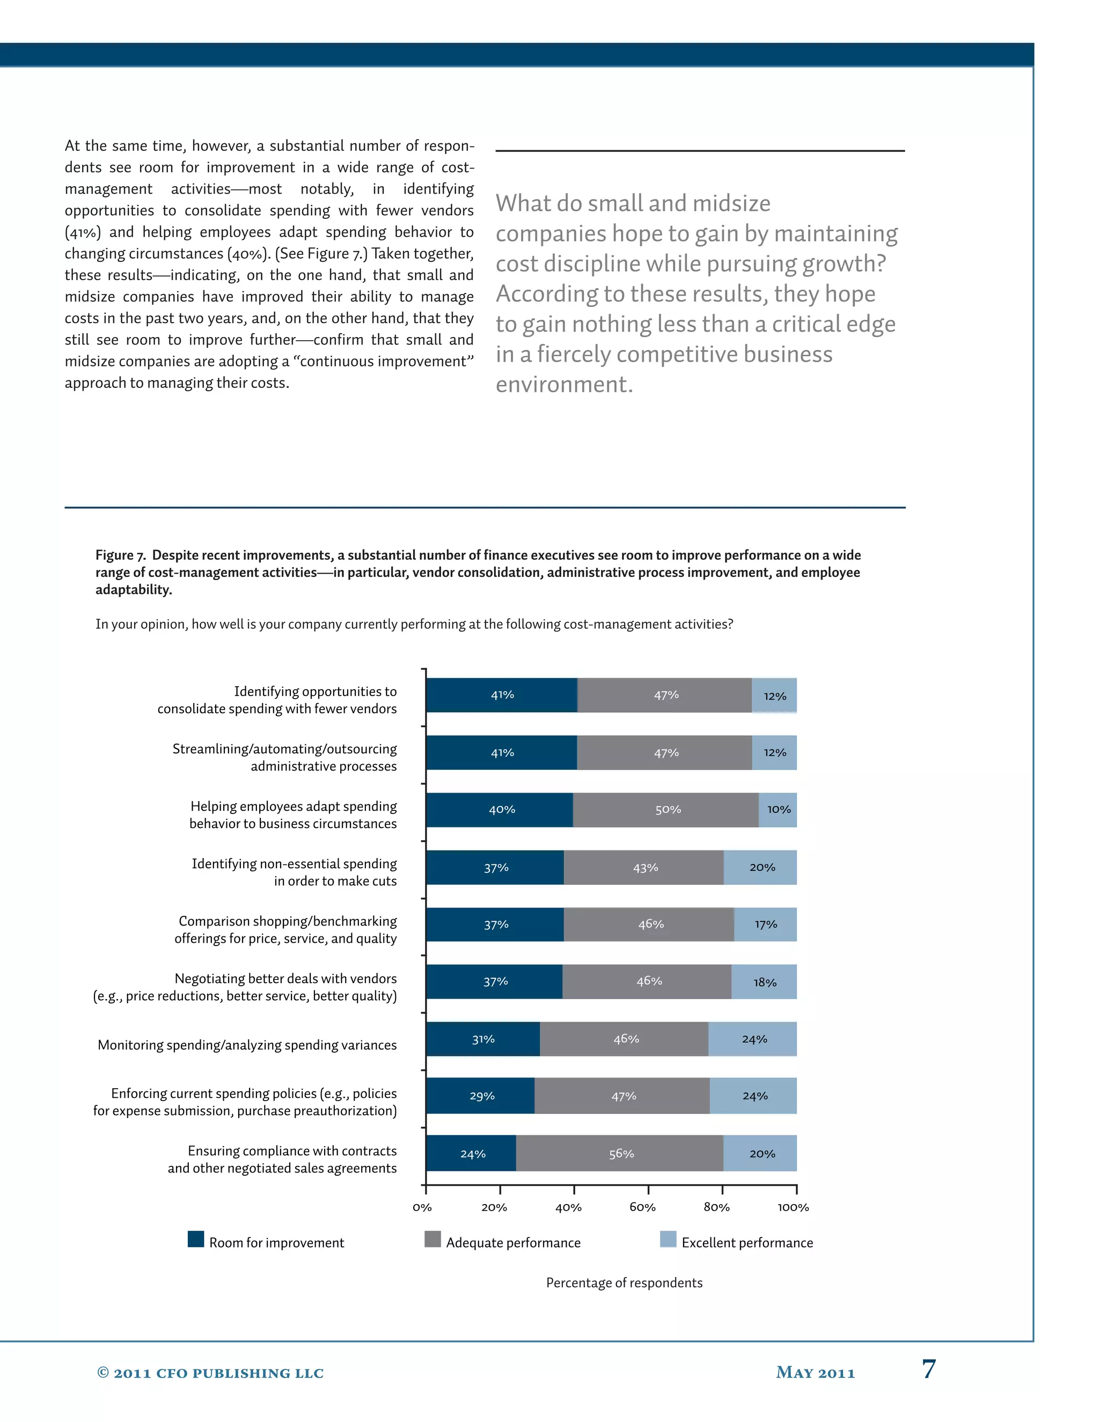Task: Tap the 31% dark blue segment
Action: click(x=483, y=1039)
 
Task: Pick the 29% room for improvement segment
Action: click(x=481, y=1096)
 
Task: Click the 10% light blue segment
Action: click(x=778, y=810)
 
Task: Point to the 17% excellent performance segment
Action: click(x=766, y=925)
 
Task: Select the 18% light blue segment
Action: click(x=764, y=982)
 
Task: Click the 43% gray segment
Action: click(x=644, y=867)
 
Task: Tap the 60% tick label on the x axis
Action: click(x=642, y=1207)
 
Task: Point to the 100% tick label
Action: click(x=793, y=1207)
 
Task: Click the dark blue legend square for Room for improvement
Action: click(x=196, y=1239)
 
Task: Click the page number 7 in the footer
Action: click(x=928, y=1369)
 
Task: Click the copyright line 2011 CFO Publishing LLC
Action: click(x=210, y=1373)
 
